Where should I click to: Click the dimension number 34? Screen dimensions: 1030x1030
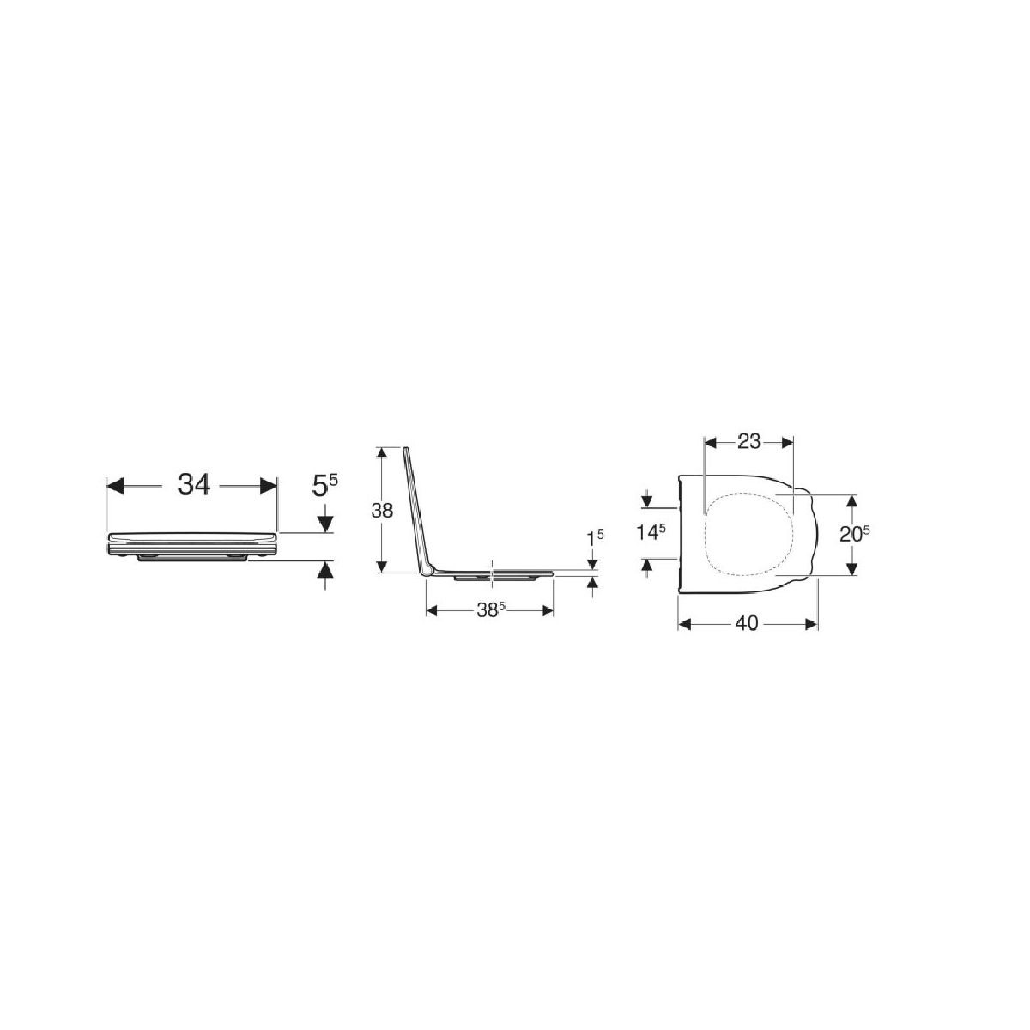tap(193, 485)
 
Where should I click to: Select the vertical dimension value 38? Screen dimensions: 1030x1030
tap(382, 511)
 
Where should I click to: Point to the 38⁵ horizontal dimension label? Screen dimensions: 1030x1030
tap(490, 611)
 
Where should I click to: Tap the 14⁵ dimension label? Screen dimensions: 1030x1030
tap(651, 532)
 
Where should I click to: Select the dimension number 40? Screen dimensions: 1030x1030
tap(747, 623)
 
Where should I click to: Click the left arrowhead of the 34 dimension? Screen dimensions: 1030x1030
tap(116, 486)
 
